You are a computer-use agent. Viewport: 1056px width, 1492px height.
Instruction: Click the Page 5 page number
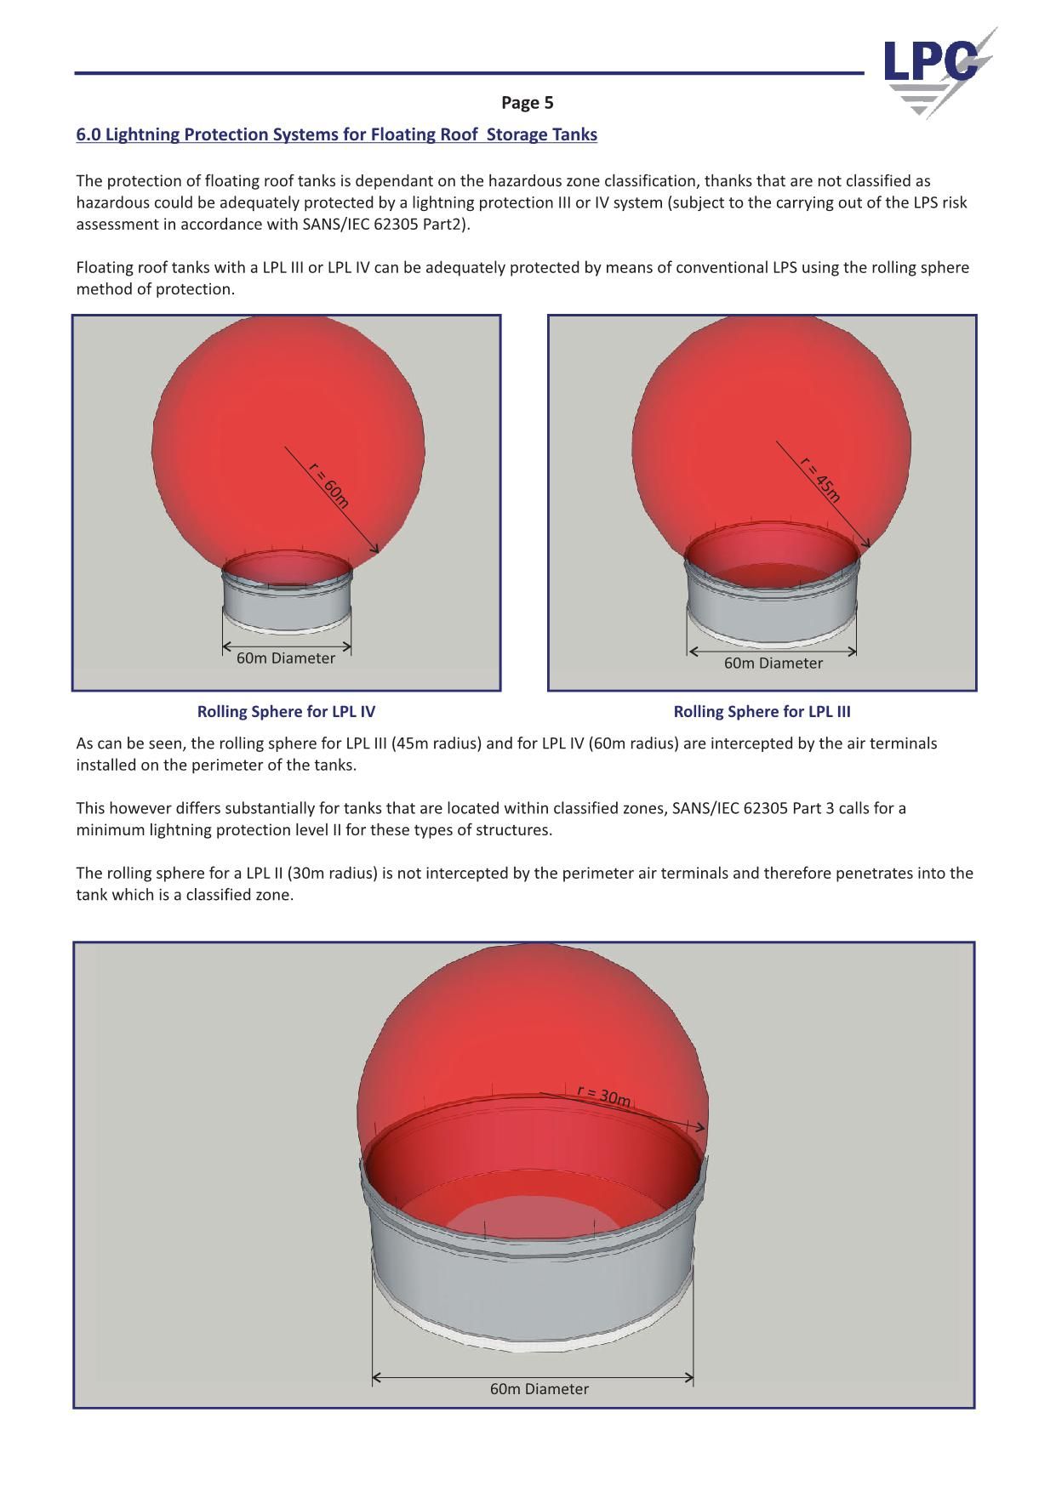pos(527,103)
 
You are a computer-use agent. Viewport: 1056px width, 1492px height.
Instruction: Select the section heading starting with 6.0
pos(336,134)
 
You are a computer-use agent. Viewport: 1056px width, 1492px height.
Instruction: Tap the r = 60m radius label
pos(328,485)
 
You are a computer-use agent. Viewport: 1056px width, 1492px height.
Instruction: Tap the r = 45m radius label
pos(820,480)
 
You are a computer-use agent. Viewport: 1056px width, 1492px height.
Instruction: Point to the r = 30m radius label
pos(603,1096)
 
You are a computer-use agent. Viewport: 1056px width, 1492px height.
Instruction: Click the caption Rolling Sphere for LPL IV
pos(286,711)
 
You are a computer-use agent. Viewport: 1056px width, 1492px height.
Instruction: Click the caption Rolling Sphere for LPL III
pos(762,711)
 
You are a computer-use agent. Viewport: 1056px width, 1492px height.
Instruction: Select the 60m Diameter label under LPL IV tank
pos(286,658)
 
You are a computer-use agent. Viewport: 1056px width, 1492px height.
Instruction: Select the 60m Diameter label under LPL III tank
pos(773,663)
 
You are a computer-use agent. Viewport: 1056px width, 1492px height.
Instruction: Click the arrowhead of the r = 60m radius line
pos(375,550)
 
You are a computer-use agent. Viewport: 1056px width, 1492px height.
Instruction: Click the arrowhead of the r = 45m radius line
pos(867,544)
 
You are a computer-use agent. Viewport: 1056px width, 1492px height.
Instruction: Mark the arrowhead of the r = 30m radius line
pos(700,1128)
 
